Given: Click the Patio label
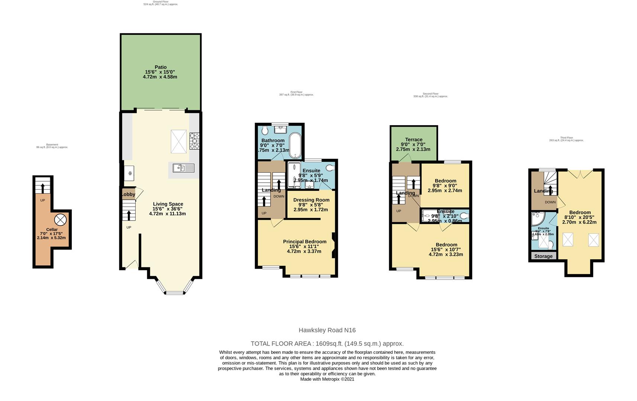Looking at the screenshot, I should click(161, 67).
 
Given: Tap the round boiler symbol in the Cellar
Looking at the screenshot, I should click(61, 219).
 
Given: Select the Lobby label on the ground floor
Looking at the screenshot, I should click(128, 194).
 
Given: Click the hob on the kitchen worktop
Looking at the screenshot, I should click(194, 141).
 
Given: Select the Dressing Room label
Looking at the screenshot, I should click(311, 200).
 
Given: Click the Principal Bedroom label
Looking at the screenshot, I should click(304, 241).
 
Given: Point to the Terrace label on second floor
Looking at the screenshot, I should click(413, 140).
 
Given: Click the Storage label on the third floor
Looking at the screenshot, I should click(543, 256).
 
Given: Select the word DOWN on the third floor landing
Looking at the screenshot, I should click(550, 202).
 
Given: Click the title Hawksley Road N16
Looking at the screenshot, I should click(327, 330).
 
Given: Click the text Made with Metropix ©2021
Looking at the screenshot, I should click(327, 379).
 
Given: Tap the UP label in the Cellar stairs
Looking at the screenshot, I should click(42, 200).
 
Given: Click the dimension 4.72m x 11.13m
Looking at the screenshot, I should click(167, 213).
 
